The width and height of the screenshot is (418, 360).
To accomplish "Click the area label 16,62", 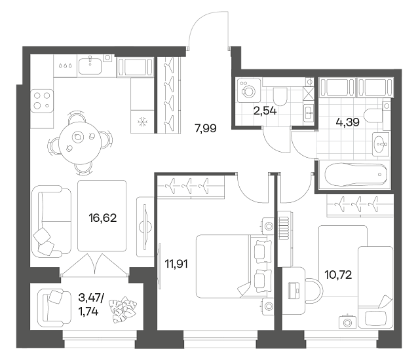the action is click(103, 219).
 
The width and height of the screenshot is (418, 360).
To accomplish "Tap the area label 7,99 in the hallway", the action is click(206, 129).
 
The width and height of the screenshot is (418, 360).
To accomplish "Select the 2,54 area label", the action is click(265, 111).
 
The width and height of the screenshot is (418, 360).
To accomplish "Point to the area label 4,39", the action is click(348, 122).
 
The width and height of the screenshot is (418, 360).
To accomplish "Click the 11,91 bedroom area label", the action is click(176, 264).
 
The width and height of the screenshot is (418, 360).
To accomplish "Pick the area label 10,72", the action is click(338, 275).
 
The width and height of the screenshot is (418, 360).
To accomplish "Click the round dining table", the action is click(80, 143).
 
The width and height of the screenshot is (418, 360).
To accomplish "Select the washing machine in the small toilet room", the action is click(248, 90).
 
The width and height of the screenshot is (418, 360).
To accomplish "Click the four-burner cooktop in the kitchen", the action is click(42, 101).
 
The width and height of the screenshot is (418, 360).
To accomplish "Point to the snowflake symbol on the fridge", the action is click(142, 122).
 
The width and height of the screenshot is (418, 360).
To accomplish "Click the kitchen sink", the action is click(90, 65).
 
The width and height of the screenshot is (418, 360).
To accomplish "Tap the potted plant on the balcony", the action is click(123, 310).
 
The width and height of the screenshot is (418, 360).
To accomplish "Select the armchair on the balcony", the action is click(54, 308).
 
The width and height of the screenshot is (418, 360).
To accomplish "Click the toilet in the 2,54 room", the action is click(280, 96).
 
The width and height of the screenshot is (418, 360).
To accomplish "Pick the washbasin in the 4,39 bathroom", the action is click(381, 144).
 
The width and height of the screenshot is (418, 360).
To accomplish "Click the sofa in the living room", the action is click(52, 221).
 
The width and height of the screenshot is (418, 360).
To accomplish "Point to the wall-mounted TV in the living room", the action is click(145, 227).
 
